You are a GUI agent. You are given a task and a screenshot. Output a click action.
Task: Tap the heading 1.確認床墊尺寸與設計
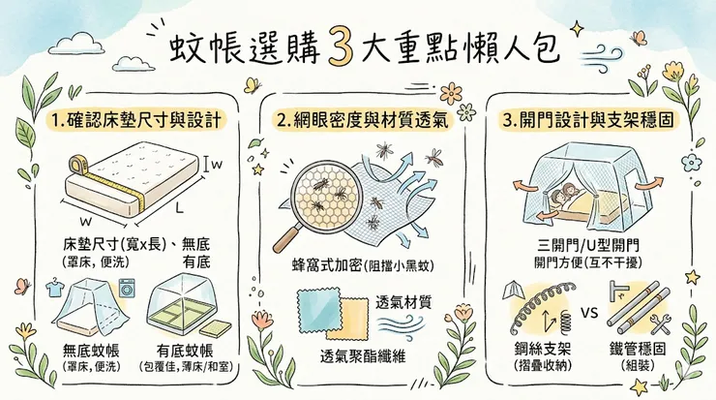tap(135, 121)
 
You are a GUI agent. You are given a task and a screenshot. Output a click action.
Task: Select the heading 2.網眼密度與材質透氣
tap(359, 121)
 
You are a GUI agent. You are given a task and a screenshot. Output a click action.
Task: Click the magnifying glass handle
tap(288, 233)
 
